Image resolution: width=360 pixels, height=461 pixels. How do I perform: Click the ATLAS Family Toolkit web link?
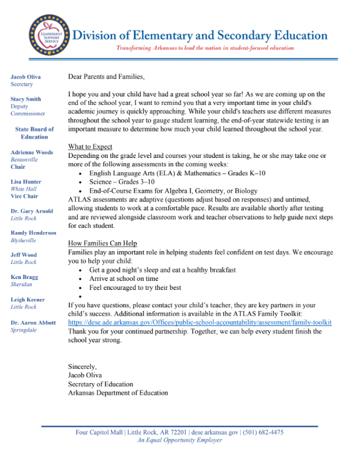(x=200, y=322)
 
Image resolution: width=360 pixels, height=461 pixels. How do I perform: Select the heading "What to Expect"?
(x=90, y=147)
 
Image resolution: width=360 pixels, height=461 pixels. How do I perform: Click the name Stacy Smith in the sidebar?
(x=25, y=99)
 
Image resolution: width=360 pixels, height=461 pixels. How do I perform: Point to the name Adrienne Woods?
(x=31, y=152)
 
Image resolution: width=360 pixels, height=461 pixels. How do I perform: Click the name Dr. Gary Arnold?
(x=31, y=211)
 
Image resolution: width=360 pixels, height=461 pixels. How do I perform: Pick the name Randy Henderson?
(x=33, y=233)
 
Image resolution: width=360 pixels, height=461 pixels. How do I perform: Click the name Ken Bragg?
(x=24, y=277)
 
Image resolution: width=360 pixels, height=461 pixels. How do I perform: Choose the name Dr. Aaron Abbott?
(x=34, y=323)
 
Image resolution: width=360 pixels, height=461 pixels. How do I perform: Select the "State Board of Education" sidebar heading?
(x=34, y=133)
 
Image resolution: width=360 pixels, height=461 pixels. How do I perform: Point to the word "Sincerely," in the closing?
(x=83, y=366)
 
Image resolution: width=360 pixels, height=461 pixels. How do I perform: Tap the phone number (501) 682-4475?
(x=262, y=433)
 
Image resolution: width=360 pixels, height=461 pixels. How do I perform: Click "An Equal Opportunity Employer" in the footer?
(x=180, y=441)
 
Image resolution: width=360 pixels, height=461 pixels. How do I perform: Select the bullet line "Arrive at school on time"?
(x=124, y=279)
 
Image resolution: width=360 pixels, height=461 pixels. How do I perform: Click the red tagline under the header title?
(x=205, y=48)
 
